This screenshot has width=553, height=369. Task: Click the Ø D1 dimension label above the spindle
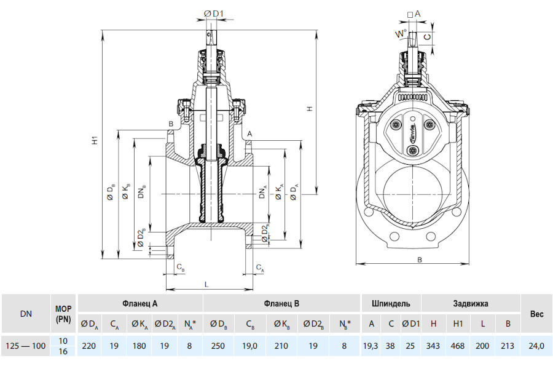214,14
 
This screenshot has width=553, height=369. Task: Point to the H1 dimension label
95,140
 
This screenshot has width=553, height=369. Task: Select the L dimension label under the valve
206,284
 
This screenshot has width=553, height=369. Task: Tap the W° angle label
401,34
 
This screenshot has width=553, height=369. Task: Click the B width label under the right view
420,260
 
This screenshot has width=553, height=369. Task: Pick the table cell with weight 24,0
536,346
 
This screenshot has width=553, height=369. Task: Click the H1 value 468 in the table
457,346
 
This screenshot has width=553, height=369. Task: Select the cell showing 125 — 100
26,346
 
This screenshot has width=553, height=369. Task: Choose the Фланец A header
140,303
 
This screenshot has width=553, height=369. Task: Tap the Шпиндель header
391,303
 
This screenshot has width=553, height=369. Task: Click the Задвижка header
471,303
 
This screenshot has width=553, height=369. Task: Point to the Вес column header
536,314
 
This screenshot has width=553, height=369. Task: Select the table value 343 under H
433,346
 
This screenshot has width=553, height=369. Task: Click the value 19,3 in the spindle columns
371,346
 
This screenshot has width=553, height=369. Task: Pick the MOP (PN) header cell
63,314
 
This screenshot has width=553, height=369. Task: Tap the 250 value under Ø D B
218,346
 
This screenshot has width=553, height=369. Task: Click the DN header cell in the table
26,314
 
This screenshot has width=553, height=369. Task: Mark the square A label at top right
414,14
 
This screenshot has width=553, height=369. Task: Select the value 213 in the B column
508,346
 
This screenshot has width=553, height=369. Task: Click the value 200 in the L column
482,346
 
